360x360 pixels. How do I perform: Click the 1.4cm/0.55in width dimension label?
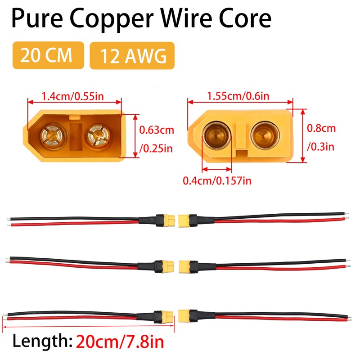pos(74,95)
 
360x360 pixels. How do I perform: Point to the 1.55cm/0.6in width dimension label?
pos(238,95)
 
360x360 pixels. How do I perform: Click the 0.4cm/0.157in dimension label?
pos(217,181)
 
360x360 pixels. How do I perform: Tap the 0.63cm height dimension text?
pos(156,130)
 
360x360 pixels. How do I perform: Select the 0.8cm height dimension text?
pos(321,128)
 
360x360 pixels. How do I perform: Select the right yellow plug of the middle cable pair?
pos(185,266)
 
